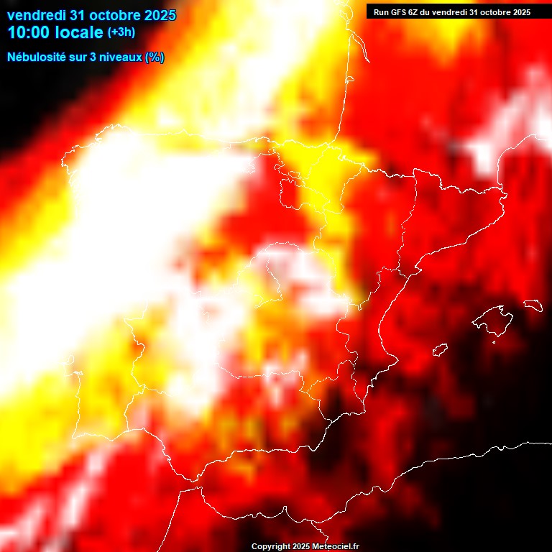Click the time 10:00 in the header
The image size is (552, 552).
(32, 32)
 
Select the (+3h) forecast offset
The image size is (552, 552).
(121, 32)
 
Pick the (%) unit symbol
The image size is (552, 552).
(155, 57)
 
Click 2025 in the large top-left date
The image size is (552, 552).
(160, 15)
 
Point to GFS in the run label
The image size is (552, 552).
(397, 12)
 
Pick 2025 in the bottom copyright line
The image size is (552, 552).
(299, 547)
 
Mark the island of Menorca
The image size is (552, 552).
(532, 305)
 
